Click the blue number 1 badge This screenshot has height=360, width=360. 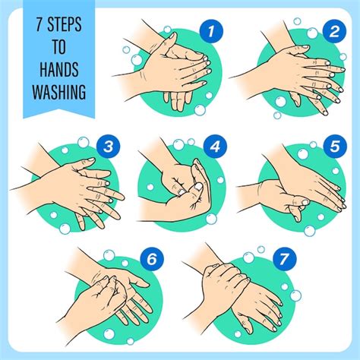[211, 31]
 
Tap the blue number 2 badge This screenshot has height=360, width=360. [334, 31]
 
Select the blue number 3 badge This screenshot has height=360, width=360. [108, 147]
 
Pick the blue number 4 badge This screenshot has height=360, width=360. [215, 147]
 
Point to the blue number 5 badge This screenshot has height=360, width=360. [335, 147]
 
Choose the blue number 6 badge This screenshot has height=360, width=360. [152, 259]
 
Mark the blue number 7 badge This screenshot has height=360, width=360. [284, 259]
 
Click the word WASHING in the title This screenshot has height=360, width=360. [59, 91]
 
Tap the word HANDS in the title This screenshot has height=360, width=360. [59, 69]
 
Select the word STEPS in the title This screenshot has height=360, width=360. [65, 24]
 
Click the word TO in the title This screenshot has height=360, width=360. [59, 46]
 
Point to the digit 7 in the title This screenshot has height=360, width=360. [39, 24]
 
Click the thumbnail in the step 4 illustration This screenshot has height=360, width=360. [198, 186]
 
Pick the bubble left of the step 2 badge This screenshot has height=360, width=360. [312, 33]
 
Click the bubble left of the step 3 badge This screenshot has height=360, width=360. [84, 142]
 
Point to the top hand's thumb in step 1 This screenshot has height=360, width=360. [169, 41]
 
